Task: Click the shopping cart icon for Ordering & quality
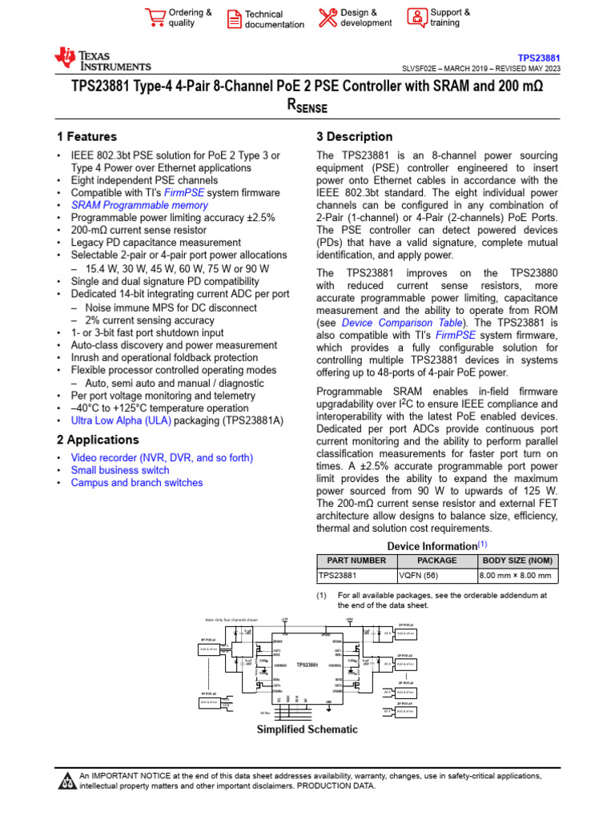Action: (154, 18)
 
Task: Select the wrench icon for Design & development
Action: (328, 18)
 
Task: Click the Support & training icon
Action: (417, 18)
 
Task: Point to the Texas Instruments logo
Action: (102, 59)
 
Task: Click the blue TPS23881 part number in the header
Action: (538, 58)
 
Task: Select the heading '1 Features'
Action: (86, 137)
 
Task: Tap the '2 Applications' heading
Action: (98, 440)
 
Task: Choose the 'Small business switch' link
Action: (120, 470)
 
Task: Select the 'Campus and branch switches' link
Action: (137, 483)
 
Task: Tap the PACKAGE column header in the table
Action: (437, 561)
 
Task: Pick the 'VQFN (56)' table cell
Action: (422, 576)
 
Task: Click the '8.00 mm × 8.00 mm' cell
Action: (515, 576)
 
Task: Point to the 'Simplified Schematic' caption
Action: (307, 730)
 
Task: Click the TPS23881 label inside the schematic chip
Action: (307, 665)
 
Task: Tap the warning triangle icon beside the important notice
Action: (66, 782)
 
